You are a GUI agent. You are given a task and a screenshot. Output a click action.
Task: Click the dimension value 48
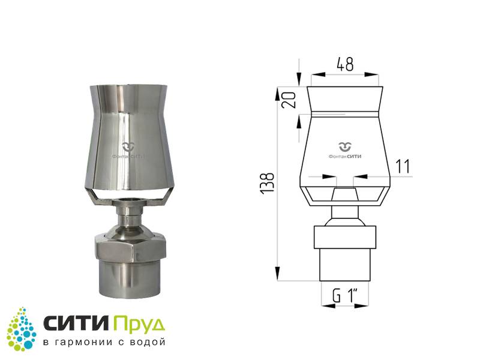345,64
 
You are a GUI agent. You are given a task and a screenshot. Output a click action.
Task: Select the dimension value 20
289,100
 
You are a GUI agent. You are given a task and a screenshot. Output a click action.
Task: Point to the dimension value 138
267,183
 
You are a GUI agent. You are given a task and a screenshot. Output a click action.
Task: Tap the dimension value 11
403,167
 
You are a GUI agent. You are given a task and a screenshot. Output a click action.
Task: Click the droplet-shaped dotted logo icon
22,329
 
